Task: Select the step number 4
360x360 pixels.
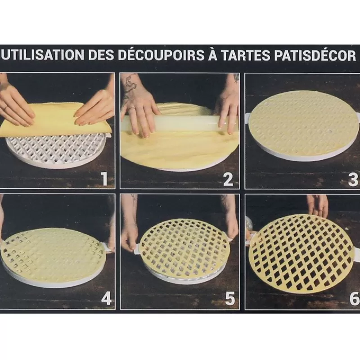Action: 106,299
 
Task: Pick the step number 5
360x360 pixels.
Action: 230,299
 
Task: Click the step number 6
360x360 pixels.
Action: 354,299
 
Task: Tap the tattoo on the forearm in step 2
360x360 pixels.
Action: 130,88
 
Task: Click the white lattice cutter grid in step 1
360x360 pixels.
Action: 56,151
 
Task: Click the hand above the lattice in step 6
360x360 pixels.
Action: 318,205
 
